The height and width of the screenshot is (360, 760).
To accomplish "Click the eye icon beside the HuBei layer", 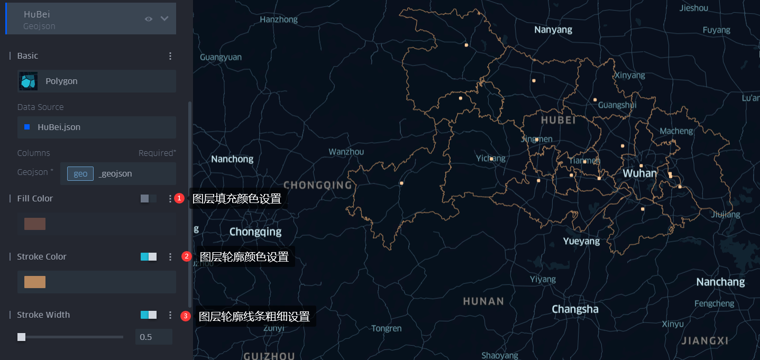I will pyautogui.click(x=149, y=19).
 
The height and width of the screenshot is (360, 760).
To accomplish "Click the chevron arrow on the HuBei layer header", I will pyautogui.click(x=164, y=19).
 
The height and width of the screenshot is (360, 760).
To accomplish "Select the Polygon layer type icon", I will pyautogui.click(x=29, y=81).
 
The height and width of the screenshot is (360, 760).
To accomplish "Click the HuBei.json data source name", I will pyautogui.click(x=59, y=127).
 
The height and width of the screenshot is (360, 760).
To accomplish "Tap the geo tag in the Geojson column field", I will pyautogui.click(x=80, y=173).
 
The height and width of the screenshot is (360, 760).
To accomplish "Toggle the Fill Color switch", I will pyautogui.click(x=148, y=198).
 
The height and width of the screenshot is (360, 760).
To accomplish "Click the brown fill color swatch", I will pyautogui.click(x=35, y=224).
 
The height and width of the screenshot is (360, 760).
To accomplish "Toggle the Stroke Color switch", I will pyautogui.click(x=148, y=256).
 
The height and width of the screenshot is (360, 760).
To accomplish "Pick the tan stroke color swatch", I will pyautogui.click(x=35, y=282).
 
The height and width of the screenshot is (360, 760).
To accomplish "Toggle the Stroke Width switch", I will pyautogui.click(x=148, y=315).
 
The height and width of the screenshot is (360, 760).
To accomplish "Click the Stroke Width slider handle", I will pyautogui.click(x=21, y=337).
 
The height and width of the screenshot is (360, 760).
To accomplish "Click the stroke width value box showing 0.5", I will pyautogui.click(x=153, y=337).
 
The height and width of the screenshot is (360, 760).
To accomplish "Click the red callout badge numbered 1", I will pyautogui.click(x=179, y=198).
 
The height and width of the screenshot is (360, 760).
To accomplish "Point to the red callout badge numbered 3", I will pyautogui.click(x=185, y=316).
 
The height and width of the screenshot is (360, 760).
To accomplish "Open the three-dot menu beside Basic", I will pyautogui.click(x=170, y=56).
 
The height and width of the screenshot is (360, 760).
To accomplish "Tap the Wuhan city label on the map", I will pyautogui.click(x=639, y=173).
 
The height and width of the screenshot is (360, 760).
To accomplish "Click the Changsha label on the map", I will pyautogui.click(x=575, y=309).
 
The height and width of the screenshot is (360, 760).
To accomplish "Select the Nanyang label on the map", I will pyautogui.click(x=553, y=30).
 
